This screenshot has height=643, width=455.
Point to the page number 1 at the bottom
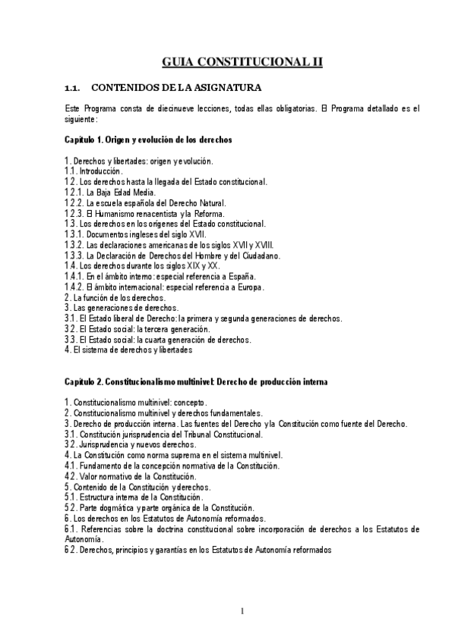click(241, 612)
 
